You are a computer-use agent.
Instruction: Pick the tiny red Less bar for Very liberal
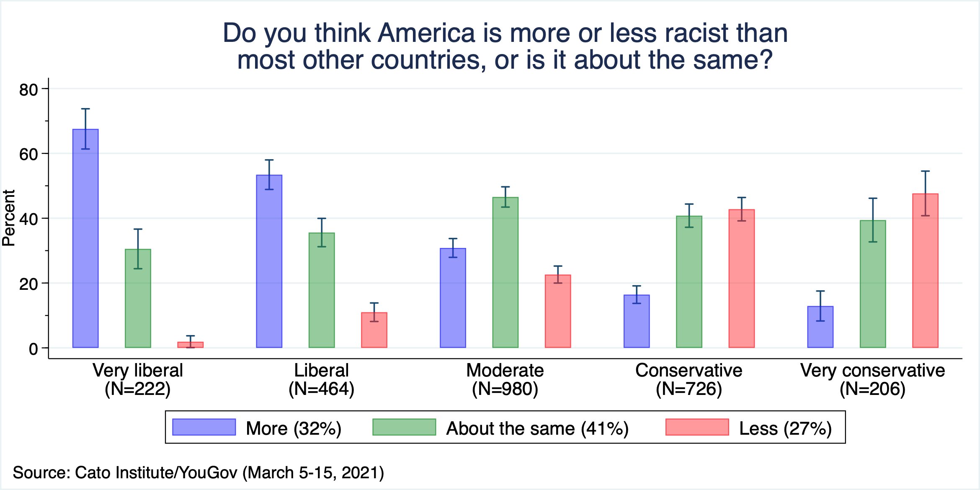pyautogui.click(x=191, y=345)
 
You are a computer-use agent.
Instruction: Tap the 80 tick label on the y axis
pyautogui.click(x=28, y=90)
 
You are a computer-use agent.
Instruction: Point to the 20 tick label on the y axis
pyautogui.click(x=28, y=284)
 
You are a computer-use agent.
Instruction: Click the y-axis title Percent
pyautogui.click(x=9, y=218)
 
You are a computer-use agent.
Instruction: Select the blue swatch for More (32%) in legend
pyautogui.click(x=204, y=427)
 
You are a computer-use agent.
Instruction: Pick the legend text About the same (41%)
pyautogui.click(x=537, y=428)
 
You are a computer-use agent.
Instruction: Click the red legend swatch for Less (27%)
pyautogui.click(x=697, y=427)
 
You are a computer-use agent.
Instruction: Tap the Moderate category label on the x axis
pyautogui.click(x=505, y=370)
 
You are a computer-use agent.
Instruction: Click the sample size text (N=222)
pyautogui.click(x=138, y=389)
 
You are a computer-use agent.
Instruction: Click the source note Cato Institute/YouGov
pyautogui.click(x=156, y=472)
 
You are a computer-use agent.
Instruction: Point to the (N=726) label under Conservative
pyautogui.click(x=689, y=389)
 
